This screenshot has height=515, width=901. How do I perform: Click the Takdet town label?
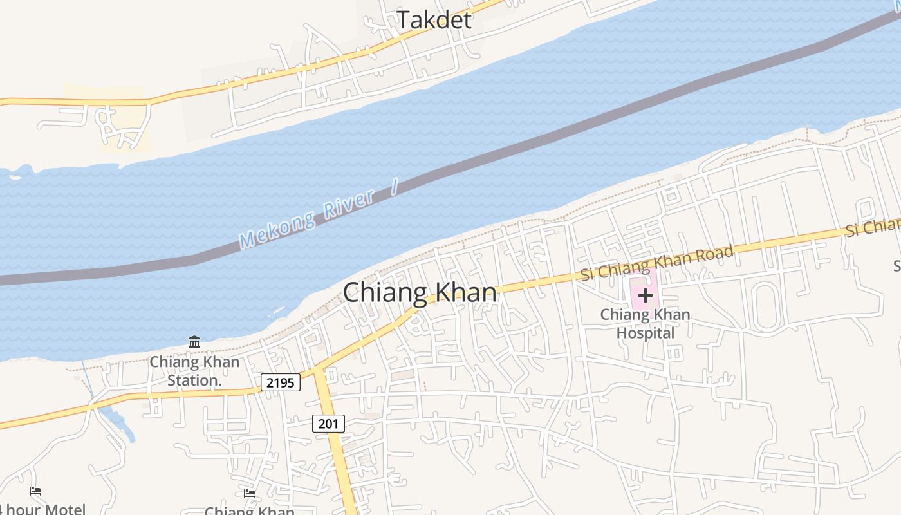coord(434,19)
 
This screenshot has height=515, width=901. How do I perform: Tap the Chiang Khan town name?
coord(420,293)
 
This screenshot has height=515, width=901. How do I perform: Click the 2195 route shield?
coord(281,383)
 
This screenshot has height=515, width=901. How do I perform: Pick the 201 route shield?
coord(328,424)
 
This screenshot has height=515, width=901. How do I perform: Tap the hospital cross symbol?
coord(645,295)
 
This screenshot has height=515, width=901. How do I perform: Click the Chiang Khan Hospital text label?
coord(645,324)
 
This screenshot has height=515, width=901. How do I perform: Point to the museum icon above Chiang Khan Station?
coord(194,342)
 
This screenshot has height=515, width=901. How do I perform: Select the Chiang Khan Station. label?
coord(194,371)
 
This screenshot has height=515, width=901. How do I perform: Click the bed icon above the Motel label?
coord(35,491)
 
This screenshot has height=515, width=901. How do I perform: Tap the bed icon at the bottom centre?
coord(250,494)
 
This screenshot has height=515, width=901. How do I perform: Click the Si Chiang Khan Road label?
coord(656,263)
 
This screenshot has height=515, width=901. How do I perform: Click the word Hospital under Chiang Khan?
coord(645,333)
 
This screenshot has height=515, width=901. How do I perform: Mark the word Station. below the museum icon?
coord(194,380)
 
